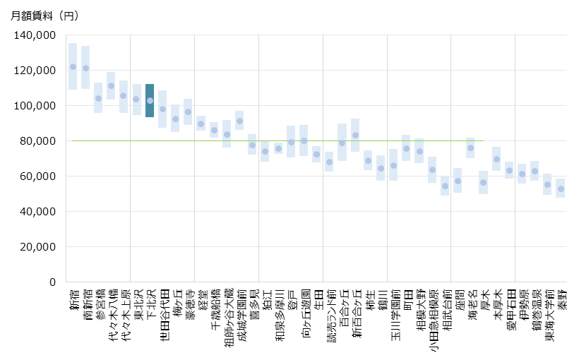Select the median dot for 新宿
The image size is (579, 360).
73,67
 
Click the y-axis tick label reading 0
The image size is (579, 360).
53,282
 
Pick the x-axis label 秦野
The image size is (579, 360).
561,299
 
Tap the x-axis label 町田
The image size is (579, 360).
407,299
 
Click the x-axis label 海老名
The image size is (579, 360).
471,304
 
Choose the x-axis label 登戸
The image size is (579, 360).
291,299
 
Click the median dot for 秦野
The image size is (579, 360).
561,188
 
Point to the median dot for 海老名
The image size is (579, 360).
470,148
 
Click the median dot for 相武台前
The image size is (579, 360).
445,186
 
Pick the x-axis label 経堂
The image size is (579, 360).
201,299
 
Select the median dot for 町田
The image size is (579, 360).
406,149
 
